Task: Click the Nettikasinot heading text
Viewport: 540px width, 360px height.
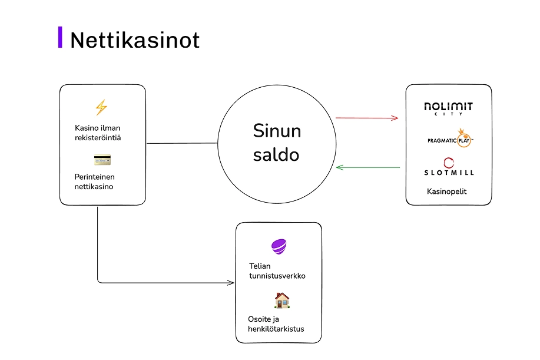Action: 135,40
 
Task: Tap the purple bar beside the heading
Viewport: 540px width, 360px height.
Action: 60,37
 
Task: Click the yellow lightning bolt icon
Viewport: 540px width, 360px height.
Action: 101,107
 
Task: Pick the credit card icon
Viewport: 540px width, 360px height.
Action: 102,160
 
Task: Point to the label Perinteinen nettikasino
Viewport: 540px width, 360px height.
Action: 94,181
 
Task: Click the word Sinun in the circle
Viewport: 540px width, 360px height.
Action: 277,130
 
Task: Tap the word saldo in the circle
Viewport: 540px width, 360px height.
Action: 276,154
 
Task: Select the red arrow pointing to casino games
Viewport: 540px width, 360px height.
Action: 367,118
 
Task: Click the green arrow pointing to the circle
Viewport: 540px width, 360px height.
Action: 367,168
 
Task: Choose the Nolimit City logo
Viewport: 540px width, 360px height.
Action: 449,108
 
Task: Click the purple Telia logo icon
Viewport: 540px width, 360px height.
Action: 278,247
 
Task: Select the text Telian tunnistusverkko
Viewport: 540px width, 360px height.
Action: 277,270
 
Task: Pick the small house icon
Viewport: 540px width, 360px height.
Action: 282,300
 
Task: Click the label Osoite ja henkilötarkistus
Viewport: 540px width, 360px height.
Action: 276,324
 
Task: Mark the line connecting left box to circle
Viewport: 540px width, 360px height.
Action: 182,143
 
